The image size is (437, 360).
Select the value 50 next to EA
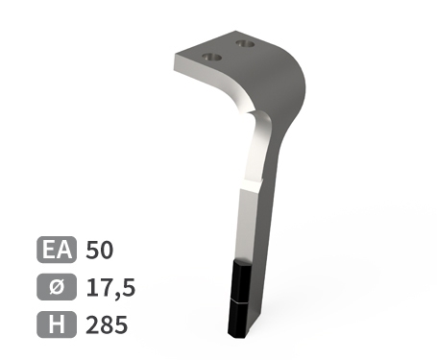(x=100, y=251)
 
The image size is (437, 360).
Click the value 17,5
(x=109, y=288)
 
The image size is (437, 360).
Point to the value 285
(x=106, y=324)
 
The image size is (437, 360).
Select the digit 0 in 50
(x=107, y=251)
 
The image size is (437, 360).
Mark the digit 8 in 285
(x=107, y=324)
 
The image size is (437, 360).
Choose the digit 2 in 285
(x=93, y=324)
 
